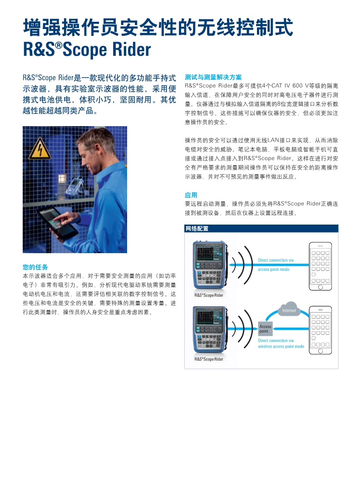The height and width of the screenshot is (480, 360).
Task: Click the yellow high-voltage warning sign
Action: click(x=40, y=149)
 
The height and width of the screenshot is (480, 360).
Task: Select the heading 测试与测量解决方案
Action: click(x=213, y=78)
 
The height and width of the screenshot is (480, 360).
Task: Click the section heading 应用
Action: click(x=191, y=195)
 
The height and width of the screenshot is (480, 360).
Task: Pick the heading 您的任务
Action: click(x=35, y=267)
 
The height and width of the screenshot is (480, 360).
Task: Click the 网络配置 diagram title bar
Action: click(x=261, y=228)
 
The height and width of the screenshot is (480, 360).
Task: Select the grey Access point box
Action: click(x=265, y=329)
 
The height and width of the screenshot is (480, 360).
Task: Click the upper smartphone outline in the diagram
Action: click(x=320, y=266)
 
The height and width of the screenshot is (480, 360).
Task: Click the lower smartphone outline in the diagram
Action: click(x=320, y=330)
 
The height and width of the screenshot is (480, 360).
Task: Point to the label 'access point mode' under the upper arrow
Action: click(x=274, y=269)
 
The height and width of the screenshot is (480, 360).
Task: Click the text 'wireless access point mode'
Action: click(x=281, y=347)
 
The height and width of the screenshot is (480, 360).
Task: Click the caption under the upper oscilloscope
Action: click(x=209, y=295)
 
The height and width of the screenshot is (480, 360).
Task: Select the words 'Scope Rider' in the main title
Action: click(x=107, y=49)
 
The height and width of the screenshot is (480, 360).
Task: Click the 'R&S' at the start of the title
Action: click(x=39, y=49)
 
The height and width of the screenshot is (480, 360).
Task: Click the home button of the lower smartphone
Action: click(x=320, y=351)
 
